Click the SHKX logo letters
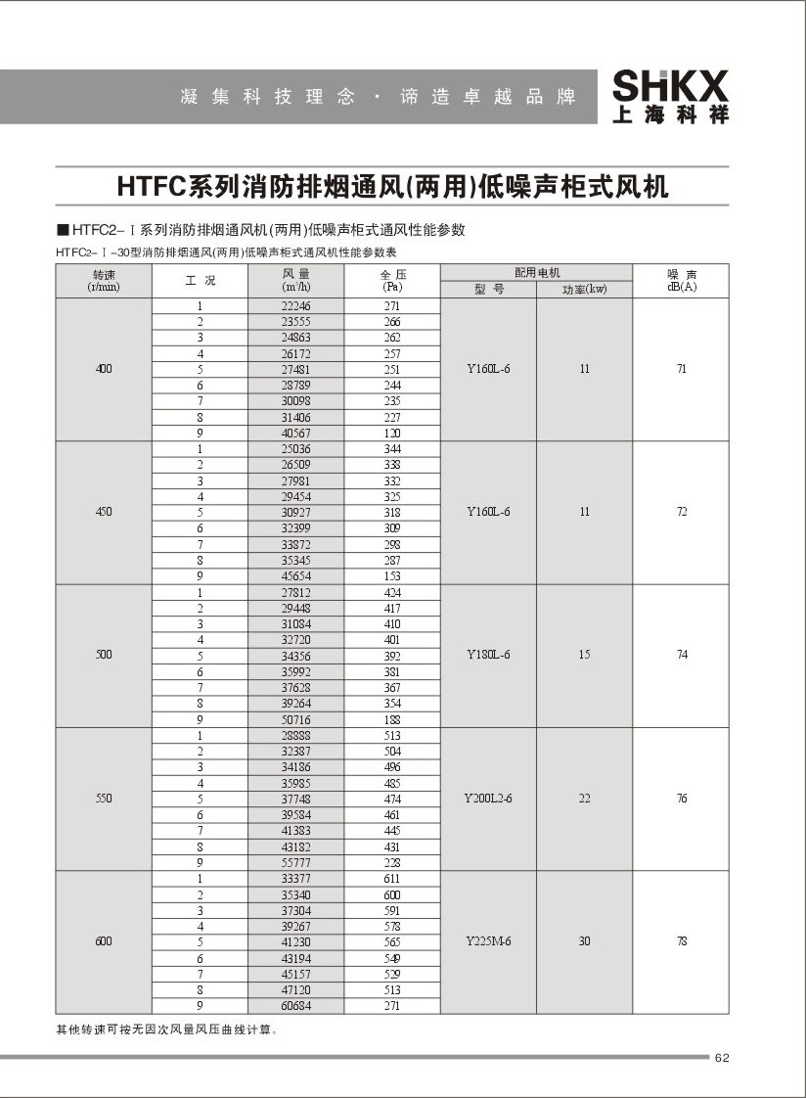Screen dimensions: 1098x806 (x=671, y=85)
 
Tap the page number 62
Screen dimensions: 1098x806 (x=724, y=1057)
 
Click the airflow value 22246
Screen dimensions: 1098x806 (x=295, y=306)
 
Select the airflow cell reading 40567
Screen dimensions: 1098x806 (x=295, y=434)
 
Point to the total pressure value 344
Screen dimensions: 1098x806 (x=392, y=449)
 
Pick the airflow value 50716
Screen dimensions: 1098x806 (x=295, y=719)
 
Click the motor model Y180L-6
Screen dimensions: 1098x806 (x=488, y=655)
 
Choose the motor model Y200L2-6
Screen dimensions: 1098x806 (x=488, y=799)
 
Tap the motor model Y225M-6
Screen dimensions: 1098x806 (x=488, y=941)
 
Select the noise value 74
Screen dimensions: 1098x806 (x=682, y=655)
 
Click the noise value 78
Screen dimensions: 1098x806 (x=682, y=941)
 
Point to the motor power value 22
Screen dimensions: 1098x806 (x=584, y=799)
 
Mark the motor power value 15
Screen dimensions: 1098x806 (x=584, y=655)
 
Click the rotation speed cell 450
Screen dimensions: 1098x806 (x=104, y=512)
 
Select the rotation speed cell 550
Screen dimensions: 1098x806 (x=104, y=799)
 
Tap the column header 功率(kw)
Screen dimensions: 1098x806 (x=584, y=290)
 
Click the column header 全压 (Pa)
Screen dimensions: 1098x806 (x=392, y=282)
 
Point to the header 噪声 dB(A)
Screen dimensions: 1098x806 (x=682, y=282)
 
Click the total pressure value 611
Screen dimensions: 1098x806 (x=392, y=879)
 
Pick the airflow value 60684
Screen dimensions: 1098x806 (x=295, y=1006)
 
